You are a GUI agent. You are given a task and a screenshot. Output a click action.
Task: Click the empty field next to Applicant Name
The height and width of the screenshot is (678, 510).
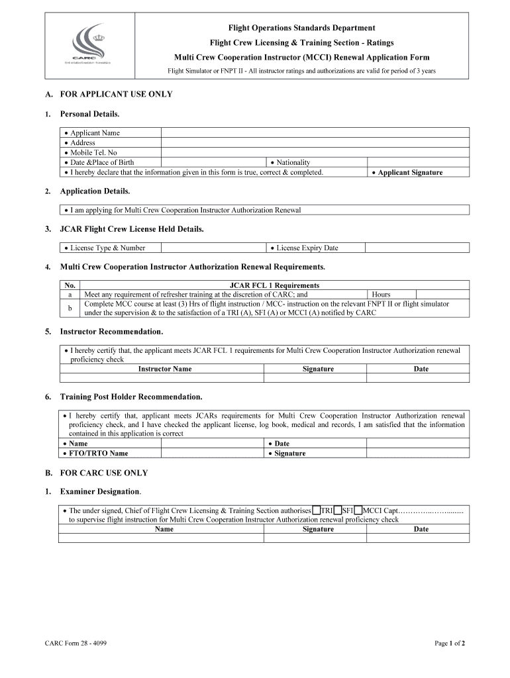(x=315, y=132)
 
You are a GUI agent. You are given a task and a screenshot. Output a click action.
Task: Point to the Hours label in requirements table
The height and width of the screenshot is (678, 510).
(x=381, y=295)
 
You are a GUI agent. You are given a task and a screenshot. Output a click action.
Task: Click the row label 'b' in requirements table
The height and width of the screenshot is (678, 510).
(x=70, y=309)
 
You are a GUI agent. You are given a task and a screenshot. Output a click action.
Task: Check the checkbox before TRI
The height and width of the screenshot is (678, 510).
(x=316, y=510)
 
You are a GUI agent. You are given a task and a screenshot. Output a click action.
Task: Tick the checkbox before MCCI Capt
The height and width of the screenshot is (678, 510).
(x=358, y=510)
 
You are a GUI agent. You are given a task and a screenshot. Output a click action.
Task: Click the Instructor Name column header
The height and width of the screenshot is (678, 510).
(x=164, y=369)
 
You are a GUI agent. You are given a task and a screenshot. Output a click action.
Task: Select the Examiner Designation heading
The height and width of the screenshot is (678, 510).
(x=101, y=492)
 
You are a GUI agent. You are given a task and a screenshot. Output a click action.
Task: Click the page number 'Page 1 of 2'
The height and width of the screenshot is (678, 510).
(x=449, y=643)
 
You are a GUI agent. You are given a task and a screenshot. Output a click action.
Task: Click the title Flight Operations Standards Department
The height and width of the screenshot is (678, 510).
(x=301, y=28)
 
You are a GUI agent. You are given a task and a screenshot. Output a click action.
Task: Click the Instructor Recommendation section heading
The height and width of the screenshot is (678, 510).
(x=111, y=331)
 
